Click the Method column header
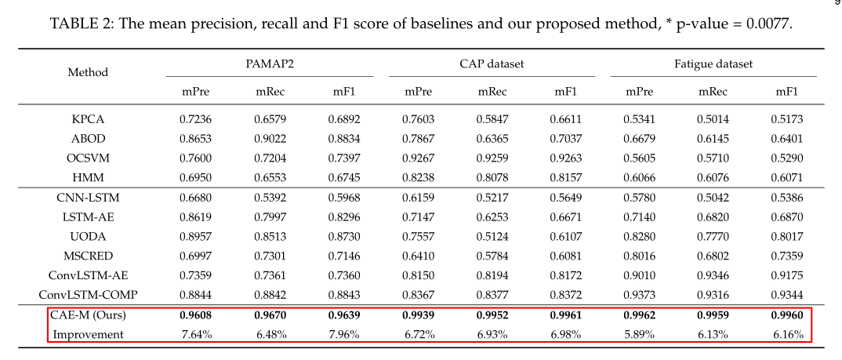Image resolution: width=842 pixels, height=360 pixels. [88, 72]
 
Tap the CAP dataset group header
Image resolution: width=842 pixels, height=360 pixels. [492, 64]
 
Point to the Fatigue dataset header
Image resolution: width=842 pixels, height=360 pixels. [713, 64]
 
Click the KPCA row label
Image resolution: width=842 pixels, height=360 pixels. [88, 119]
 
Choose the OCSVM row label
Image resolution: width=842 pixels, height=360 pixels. [88, 157]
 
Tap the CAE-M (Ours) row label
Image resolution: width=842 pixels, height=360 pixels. [88, 316]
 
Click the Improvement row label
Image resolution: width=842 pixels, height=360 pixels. [88, 335]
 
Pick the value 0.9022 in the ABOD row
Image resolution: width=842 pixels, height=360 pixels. [270, 138]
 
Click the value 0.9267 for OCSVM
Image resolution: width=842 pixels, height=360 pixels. [418, 157]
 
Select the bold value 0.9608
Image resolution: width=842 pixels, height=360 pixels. [196, 316]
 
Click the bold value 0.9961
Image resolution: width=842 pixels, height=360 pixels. [566, 316]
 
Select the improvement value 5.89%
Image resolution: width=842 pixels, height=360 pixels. [640, 335]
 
